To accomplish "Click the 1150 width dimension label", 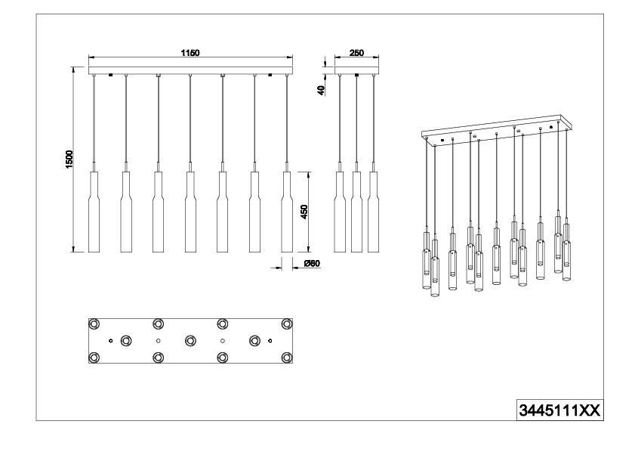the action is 190,53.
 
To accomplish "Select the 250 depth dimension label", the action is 356,53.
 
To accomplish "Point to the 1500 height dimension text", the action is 69,159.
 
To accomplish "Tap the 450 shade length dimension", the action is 304,212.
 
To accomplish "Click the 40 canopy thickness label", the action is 322,90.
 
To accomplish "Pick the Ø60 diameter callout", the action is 312,264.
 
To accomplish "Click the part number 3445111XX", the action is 559,411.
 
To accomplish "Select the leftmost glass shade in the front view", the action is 94,212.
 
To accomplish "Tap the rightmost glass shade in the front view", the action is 287,212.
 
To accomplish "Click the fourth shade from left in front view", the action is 190,212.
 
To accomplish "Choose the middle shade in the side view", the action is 356,212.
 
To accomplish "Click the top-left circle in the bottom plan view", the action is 94,324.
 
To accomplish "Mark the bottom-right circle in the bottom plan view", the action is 287,358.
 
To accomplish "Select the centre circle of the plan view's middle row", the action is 190,340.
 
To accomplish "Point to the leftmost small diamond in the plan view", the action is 110,340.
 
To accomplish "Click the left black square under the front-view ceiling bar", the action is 110,75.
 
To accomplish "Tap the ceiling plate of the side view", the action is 356,70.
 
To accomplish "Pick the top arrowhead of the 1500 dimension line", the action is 73,70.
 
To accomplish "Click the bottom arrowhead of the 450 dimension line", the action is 308,249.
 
